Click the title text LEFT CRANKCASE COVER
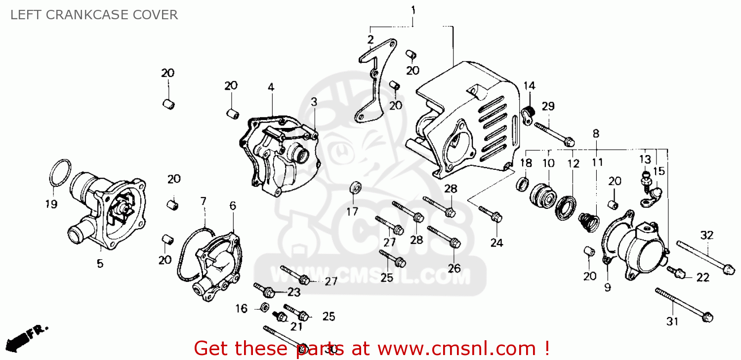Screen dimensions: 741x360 point(94,15)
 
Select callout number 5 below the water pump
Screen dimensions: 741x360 point(100,264)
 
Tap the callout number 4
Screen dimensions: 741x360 point(271,87)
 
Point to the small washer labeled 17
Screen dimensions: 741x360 point(356,187)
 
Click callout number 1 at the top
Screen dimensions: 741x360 point(413,10)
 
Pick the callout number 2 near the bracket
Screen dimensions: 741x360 point(370,40)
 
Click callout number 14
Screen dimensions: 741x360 point(529,86)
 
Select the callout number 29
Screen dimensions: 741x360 point(548,107)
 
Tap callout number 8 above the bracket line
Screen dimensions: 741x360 point(596,134)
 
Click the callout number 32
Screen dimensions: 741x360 point(706,236)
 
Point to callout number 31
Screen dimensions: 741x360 point(672,321)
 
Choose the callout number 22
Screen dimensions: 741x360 point(702,278)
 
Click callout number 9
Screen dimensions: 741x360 point(607,287)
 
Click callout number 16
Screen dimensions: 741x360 point(241,309)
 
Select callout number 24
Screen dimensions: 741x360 point(496,243)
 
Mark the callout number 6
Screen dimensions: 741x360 point(233,206)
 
